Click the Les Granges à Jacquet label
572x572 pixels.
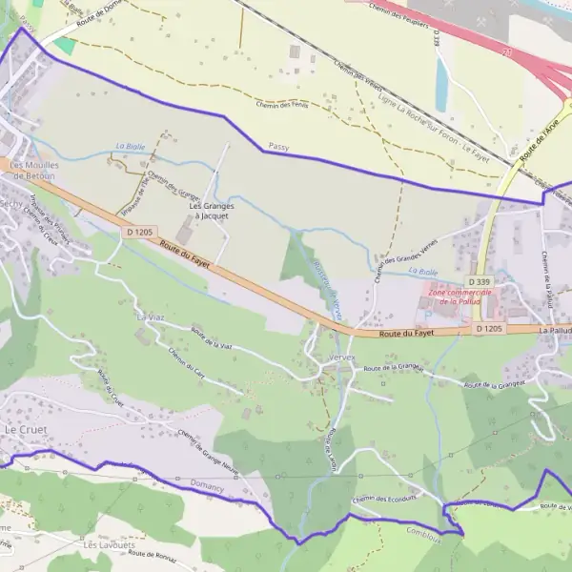point(209,211)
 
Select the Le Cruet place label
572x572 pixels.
point(26,430)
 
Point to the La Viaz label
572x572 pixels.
point(152,317)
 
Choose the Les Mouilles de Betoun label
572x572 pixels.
point(32,170)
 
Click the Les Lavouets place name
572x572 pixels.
point(104,545)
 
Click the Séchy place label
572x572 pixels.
point(12,204)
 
